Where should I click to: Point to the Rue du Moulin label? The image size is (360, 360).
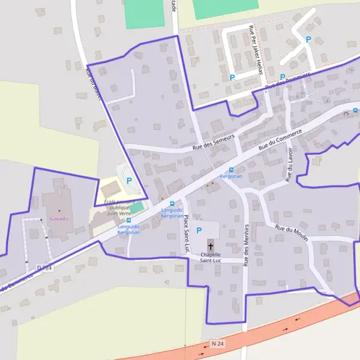click(291, 233)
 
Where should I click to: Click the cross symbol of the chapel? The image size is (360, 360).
click(211, 246)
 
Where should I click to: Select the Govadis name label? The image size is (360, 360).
click(59, 218)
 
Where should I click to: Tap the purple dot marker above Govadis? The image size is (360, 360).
click(59, 211)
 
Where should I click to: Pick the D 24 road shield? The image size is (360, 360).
click(44, 267)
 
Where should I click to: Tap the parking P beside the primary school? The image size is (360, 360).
click(128, 180)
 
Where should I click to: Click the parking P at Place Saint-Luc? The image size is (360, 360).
click(199, 230)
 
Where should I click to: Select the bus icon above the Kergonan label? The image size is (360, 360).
click(231, 170)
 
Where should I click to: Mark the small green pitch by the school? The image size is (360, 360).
click(137, 207)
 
